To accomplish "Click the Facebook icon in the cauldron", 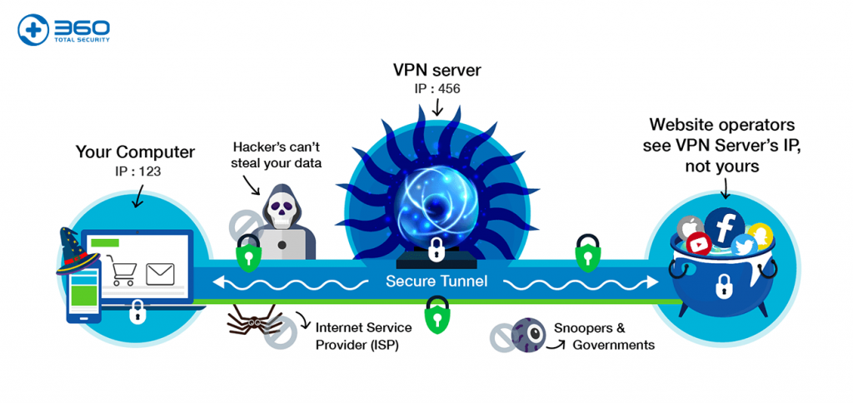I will (724, 226).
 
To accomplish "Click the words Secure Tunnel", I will (436, 281).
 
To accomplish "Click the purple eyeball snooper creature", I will (526, 333).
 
